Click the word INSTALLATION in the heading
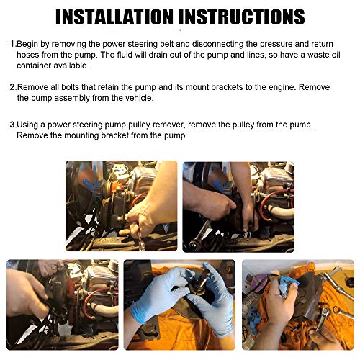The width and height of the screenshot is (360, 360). click(x=114, y=17)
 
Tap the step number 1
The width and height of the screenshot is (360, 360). click(x=13, y=44)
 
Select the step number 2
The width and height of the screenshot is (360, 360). click(x=13, y=87)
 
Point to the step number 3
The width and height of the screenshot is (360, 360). click(x=12, y=125)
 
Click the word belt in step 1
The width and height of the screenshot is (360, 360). click(x=183, y=44)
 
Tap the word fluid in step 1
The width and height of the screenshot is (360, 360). click(x=125, y=55)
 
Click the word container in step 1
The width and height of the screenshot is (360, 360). click(x=34, y=66)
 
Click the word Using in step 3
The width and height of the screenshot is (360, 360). click(x=27, y=125)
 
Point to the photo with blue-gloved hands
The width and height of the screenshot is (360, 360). click(x=179, y=305)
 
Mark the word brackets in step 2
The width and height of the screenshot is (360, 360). click(x=227, y=87)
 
